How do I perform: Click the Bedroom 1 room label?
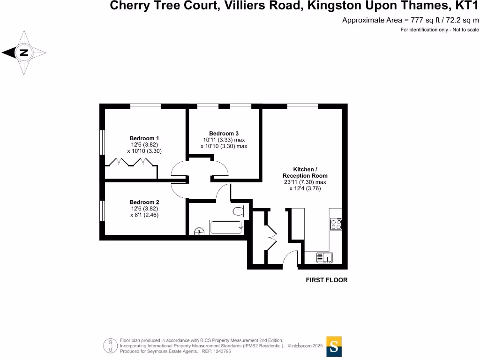click(144, 138)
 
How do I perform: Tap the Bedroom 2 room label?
click(144, 202)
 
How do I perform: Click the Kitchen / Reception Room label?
click(305, 172)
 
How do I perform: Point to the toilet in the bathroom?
click(239, 211)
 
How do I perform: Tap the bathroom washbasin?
click(199, 231)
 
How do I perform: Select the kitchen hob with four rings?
click(336, 224)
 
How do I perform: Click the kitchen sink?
click(324, 257)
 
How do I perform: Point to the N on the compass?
click(24, 53)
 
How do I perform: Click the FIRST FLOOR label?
click(326, 280)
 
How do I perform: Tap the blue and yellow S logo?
click(334, 346)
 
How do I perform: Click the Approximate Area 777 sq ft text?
click(411, 20)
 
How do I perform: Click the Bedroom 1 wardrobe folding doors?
click(130, 163)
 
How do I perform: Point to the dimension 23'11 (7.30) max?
click(305, 182)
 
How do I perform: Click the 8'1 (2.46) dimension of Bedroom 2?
click(144, 215)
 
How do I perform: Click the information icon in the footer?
click(111, 346)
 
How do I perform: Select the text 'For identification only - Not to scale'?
click(440, 30)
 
